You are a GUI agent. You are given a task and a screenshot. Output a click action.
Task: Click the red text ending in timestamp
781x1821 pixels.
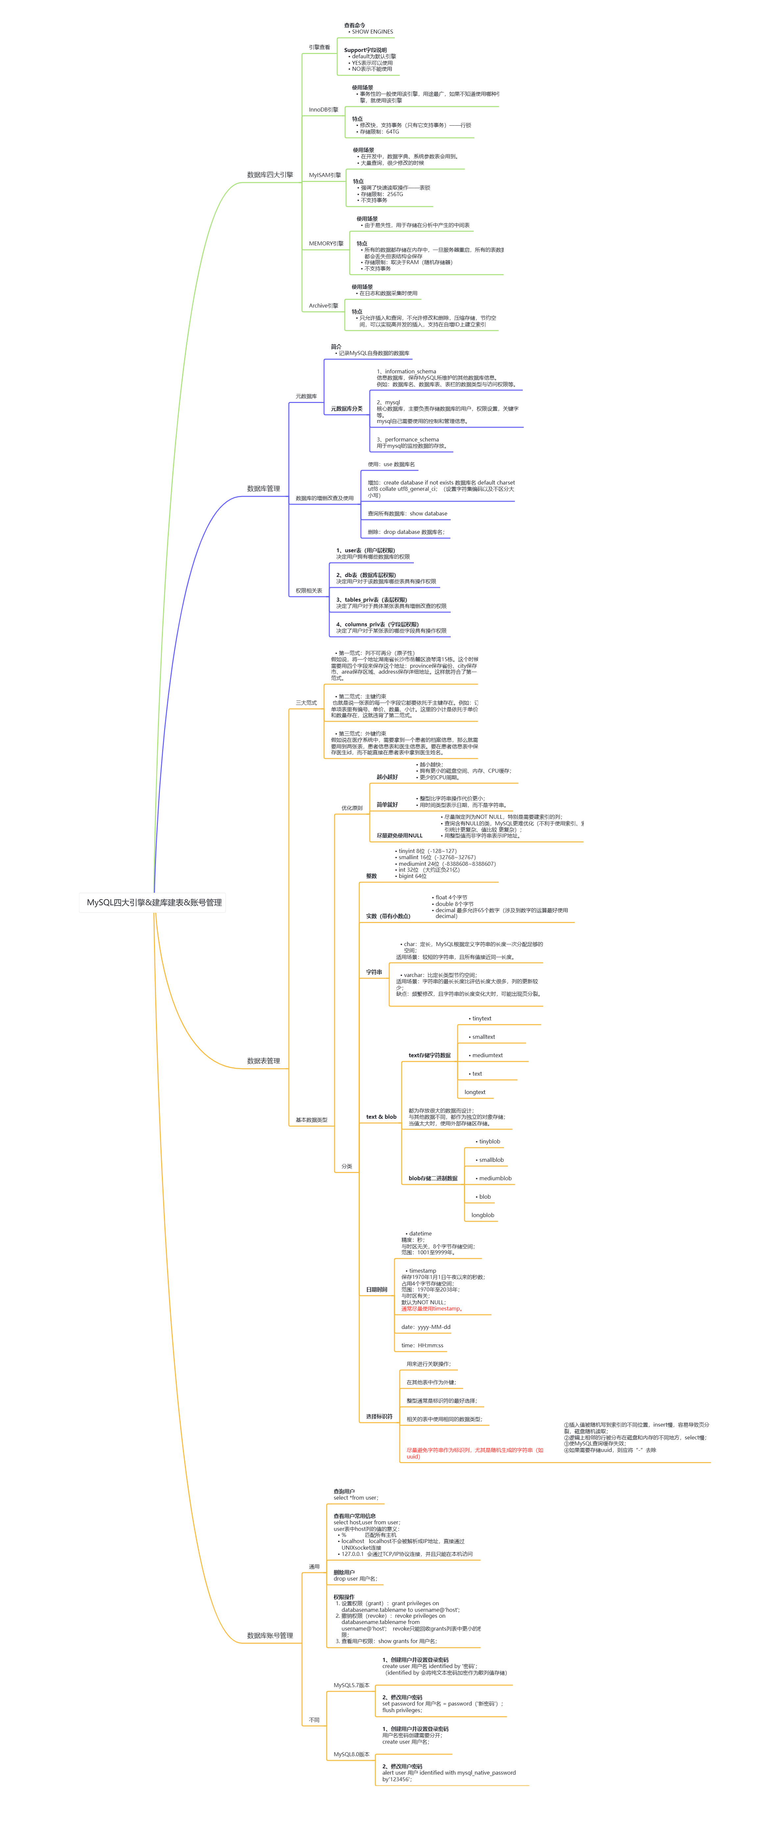coord(431,1309)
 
